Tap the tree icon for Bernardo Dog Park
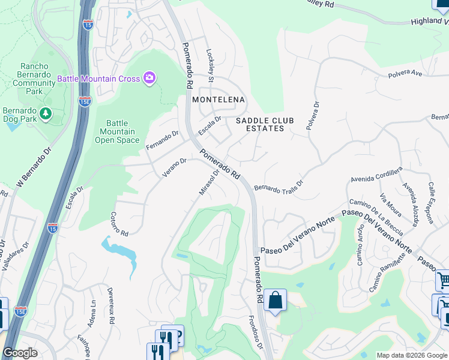(45, 113)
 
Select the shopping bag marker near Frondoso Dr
(275, 301)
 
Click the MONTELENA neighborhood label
(218, 99)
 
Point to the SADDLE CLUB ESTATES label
(265, 124)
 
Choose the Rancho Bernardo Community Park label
(38, 79)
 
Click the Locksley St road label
(211, 64)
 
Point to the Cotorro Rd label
(119, 224)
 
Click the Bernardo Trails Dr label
(279, 188)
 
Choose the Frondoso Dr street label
(255, 333)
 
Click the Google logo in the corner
(20, 353)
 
